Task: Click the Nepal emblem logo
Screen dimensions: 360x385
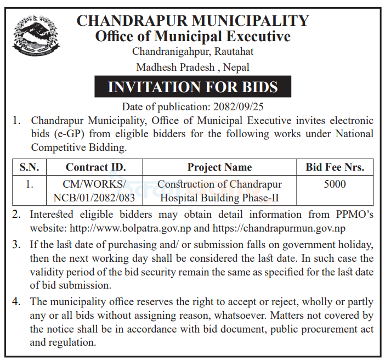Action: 33,36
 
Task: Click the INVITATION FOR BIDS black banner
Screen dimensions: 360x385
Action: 192,87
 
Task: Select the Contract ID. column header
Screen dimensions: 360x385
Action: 95,167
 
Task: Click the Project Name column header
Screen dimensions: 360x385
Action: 219,167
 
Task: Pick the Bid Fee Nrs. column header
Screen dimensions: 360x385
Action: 335,167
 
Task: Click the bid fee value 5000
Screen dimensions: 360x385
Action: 335,184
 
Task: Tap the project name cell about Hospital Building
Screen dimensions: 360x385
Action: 219,190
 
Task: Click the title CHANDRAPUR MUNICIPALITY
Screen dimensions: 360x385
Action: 192,21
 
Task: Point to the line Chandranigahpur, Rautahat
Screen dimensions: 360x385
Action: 192,52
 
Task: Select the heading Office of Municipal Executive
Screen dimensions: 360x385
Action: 192,37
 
